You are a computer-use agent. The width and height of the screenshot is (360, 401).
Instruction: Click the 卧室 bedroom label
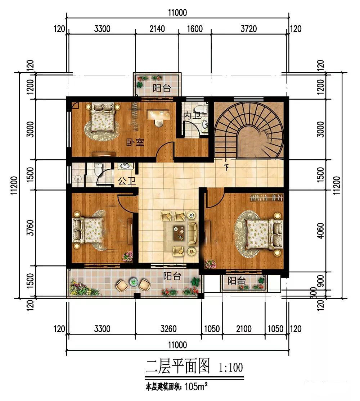point(135,142)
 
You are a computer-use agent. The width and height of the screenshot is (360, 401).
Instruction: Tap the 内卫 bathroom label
point(192,116)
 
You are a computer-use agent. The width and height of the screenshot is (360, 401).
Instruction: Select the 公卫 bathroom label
point(127,181)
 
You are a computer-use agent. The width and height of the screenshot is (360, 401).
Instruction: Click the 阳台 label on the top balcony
point(162,88)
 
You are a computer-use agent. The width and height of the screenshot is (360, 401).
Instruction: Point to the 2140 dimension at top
point(157,29)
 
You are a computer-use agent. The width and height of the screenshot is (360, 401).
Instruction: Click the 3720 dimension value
point(249,29)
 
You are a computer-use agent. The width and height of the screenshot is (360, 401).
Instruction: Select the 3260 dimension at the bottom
point(168,329)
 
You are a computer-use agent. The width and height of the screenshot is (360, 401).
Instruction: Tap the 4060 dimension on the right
point(320,231)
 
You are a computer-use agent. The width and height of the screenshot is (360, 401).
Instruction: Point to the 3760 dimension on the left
point(30,228)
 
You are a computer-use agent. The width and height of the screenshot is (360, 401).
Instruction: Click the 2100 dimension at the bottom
point(244,329)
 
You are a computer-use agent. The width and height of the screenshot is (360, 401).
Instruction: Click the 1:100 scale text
point(230,368)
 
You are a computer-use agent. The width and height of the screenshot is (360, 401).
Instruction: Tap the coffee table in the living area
point(179,233)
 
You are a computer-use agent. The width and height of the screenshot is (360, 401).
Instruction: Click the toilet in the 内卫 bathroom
point(204,109)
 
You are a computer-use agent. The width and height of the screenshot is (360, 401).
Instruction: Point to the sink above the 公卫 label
point(125,166)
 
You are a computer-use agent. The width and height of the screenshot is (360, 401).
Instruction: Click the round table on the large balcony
point(134,282)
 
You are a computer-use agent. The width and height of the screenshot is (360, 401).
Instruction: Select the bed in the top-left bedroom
point(103,117)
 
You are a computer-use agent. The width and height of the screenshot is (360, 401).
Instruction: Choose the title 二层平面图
point(178,366)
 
